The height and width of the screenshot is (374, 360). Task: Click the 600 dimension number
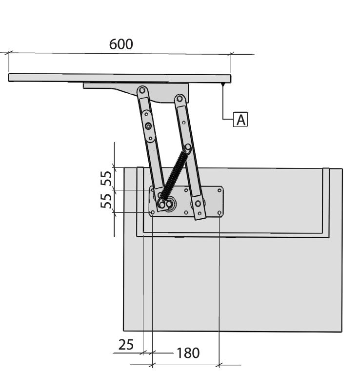(121, 44)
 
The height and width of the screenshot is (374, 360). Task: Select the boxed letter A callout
(240, 120)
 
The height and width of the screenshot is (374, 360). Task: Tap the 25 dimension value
(126, 345)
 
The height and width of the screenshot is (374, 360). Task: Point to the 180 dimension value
(188, 353)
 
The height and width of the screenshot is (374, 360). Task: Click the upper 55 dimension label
(106, 178)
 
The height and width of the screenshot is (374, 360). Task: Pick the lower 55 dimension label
(106, 201)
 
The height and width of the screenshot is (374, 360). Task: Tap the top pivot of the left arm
(142, 90)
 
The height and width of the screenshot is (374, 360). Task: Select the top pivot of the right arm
(180, 98)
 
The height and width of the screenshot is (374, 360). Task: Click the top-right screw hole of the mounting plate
(220, 190)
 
